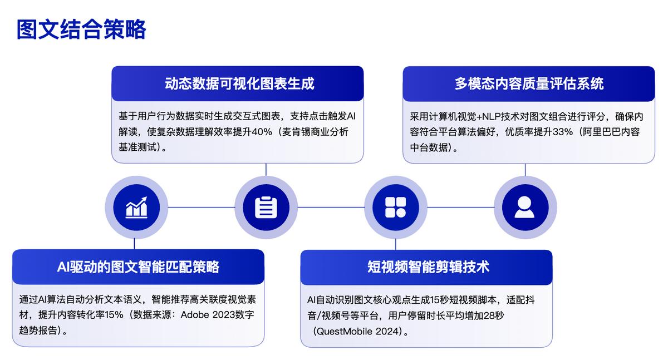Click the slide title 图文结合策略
(81, 29)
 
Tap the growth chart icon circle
(136, 208)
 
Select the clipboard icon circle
(266, 208)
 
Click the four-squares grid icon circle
(395, 208)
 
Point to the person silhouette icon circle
(525, 208)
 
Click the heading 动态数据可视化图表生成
(239, 83)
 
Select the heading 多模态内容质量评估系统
(529, 83)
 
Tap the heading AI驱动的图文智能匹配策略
(138, 267)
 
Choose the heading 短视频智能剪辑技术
(428, 267)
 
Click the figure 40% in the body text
(262, 132)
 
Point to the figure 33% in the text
(563, 132)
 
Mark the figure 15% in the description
(114, 315)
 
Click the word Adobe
(195, 315)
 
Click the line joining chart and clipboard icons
(202, 208)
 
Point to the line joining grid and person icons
(460, 208)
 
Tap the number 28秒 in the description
(494, 315)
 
